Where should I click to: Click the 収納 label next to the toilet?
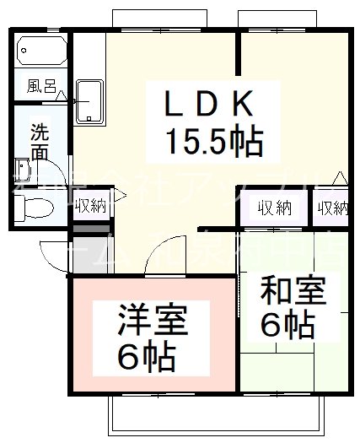[89, 205]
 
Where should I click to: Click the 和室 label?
[292, 291]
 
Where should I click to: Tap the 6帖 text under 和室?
[288, 326]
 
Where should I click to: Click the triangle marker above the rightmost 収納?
[338, 178]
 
